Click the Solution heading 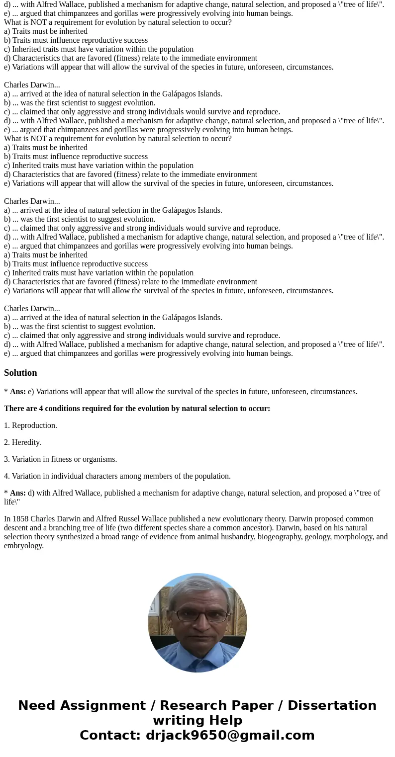click(x=20, y=373)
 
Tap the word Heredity click(x=26, y=442)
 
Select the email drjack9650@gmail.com click(x=230, y=736)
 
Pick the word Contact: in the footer click(x=110, y=736)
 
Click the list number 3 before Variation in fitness click(x=6, y=459)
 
